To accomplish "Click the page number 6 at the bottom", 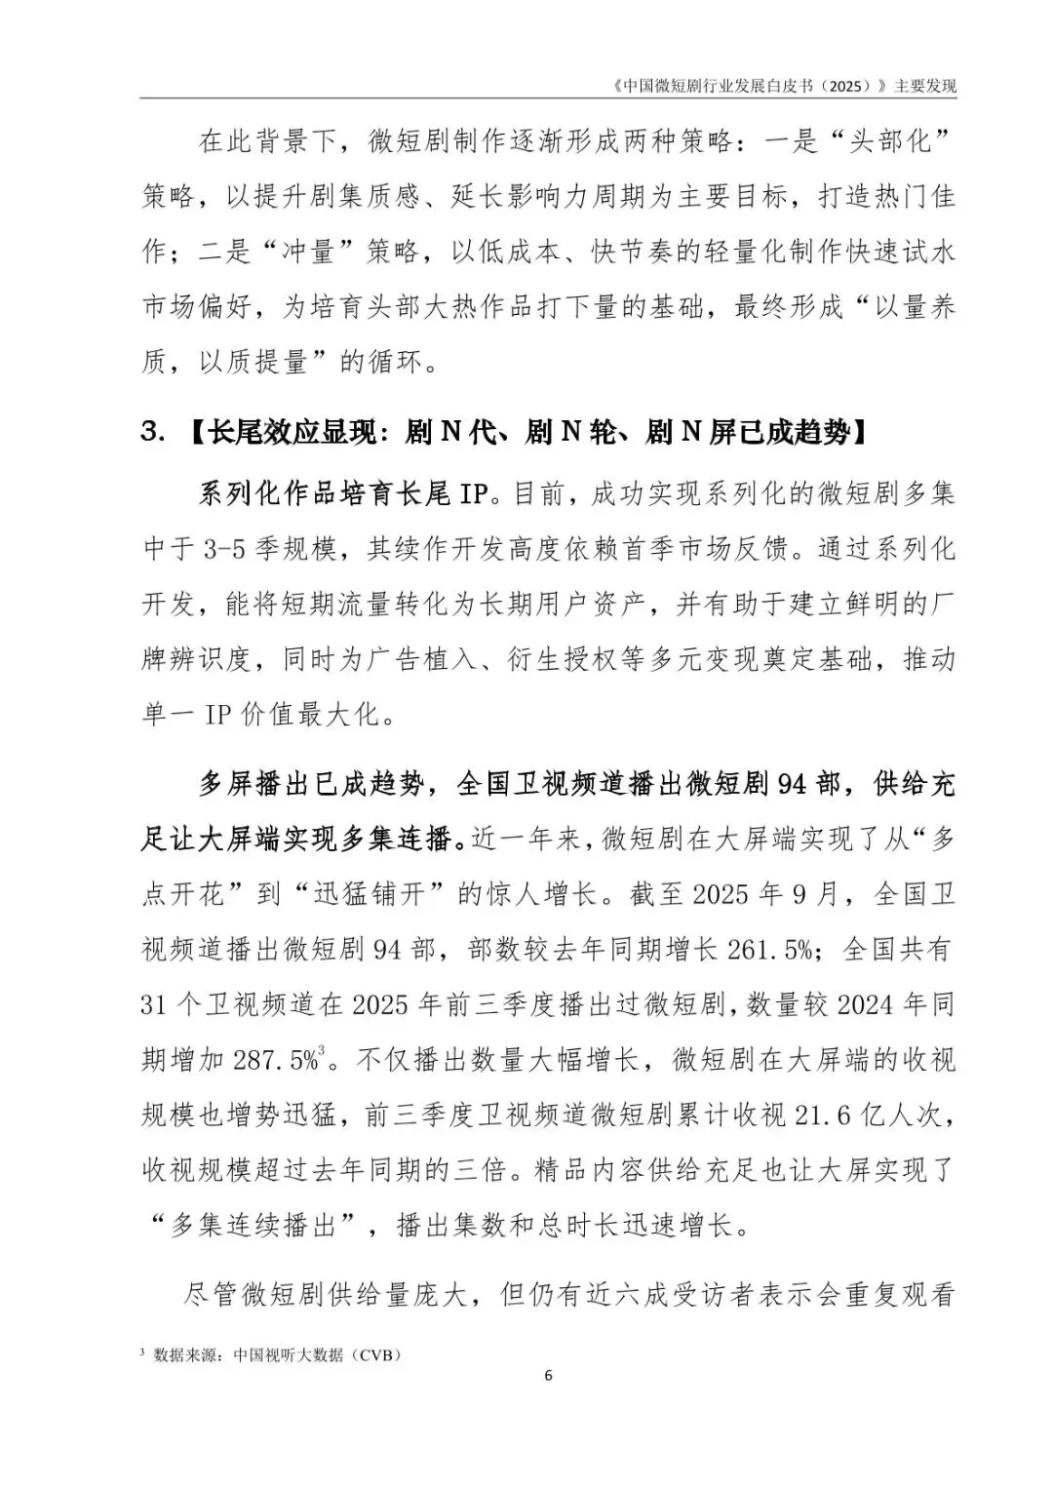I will [547, 1375].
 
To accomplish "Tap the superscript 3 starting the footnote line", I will [143, 1352].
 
